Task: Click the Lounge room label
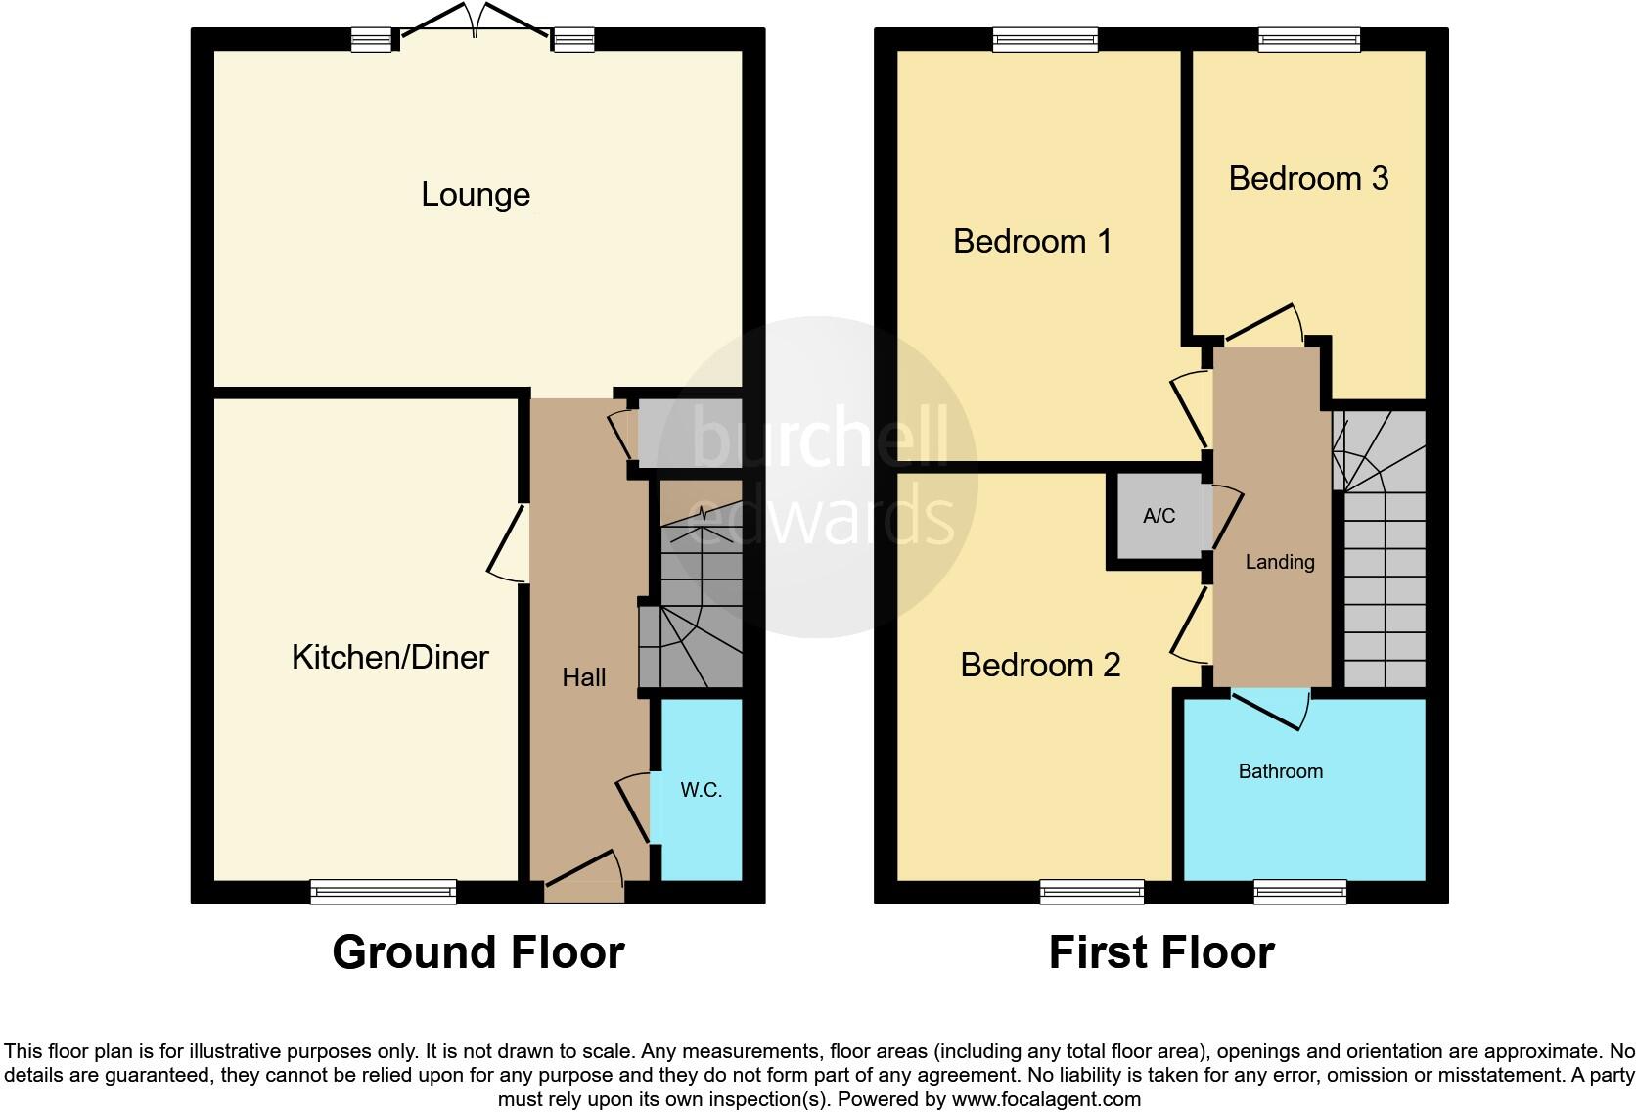[x=476, y=195]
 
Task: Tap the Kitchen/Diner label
[x=389, y=657]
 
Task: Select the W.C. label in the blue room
[x=701, y=790]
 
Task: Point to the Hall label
[x=583, y=677]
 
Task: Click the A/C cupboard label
[x=1159, y=516]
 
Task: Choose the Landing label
[x=1279, y=562]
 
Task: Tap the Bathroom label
[x=1280, y=771]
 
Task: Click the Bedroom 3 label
[x=1308, y=178]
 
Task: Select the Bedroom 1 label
[x=1032, y=241]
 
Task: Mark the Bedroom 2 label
[x=1040, y=666]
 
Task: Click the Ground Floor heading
[x=477, y=952]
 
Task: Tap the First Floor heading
[x=1160, y=952]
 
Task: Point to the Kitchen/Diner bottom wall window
[x=383, y=891]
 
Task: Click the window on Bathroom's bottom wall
[x=1299, y=891]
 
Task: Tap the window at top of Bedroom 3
[x=1308, y=39]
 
